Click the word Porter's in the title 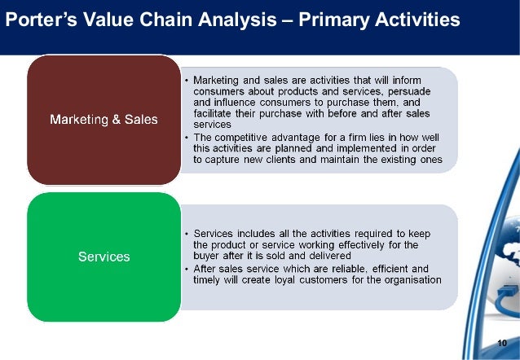point(38,18)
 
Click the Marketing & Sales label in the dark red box point(104,120)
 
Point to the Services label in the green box point(104,257)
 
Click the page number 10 point(501,343)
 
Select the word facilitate point(214,116)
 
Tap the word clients point(288,161)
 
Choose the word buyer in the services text point(207,257)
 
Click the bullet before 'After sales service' point(186,268)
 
